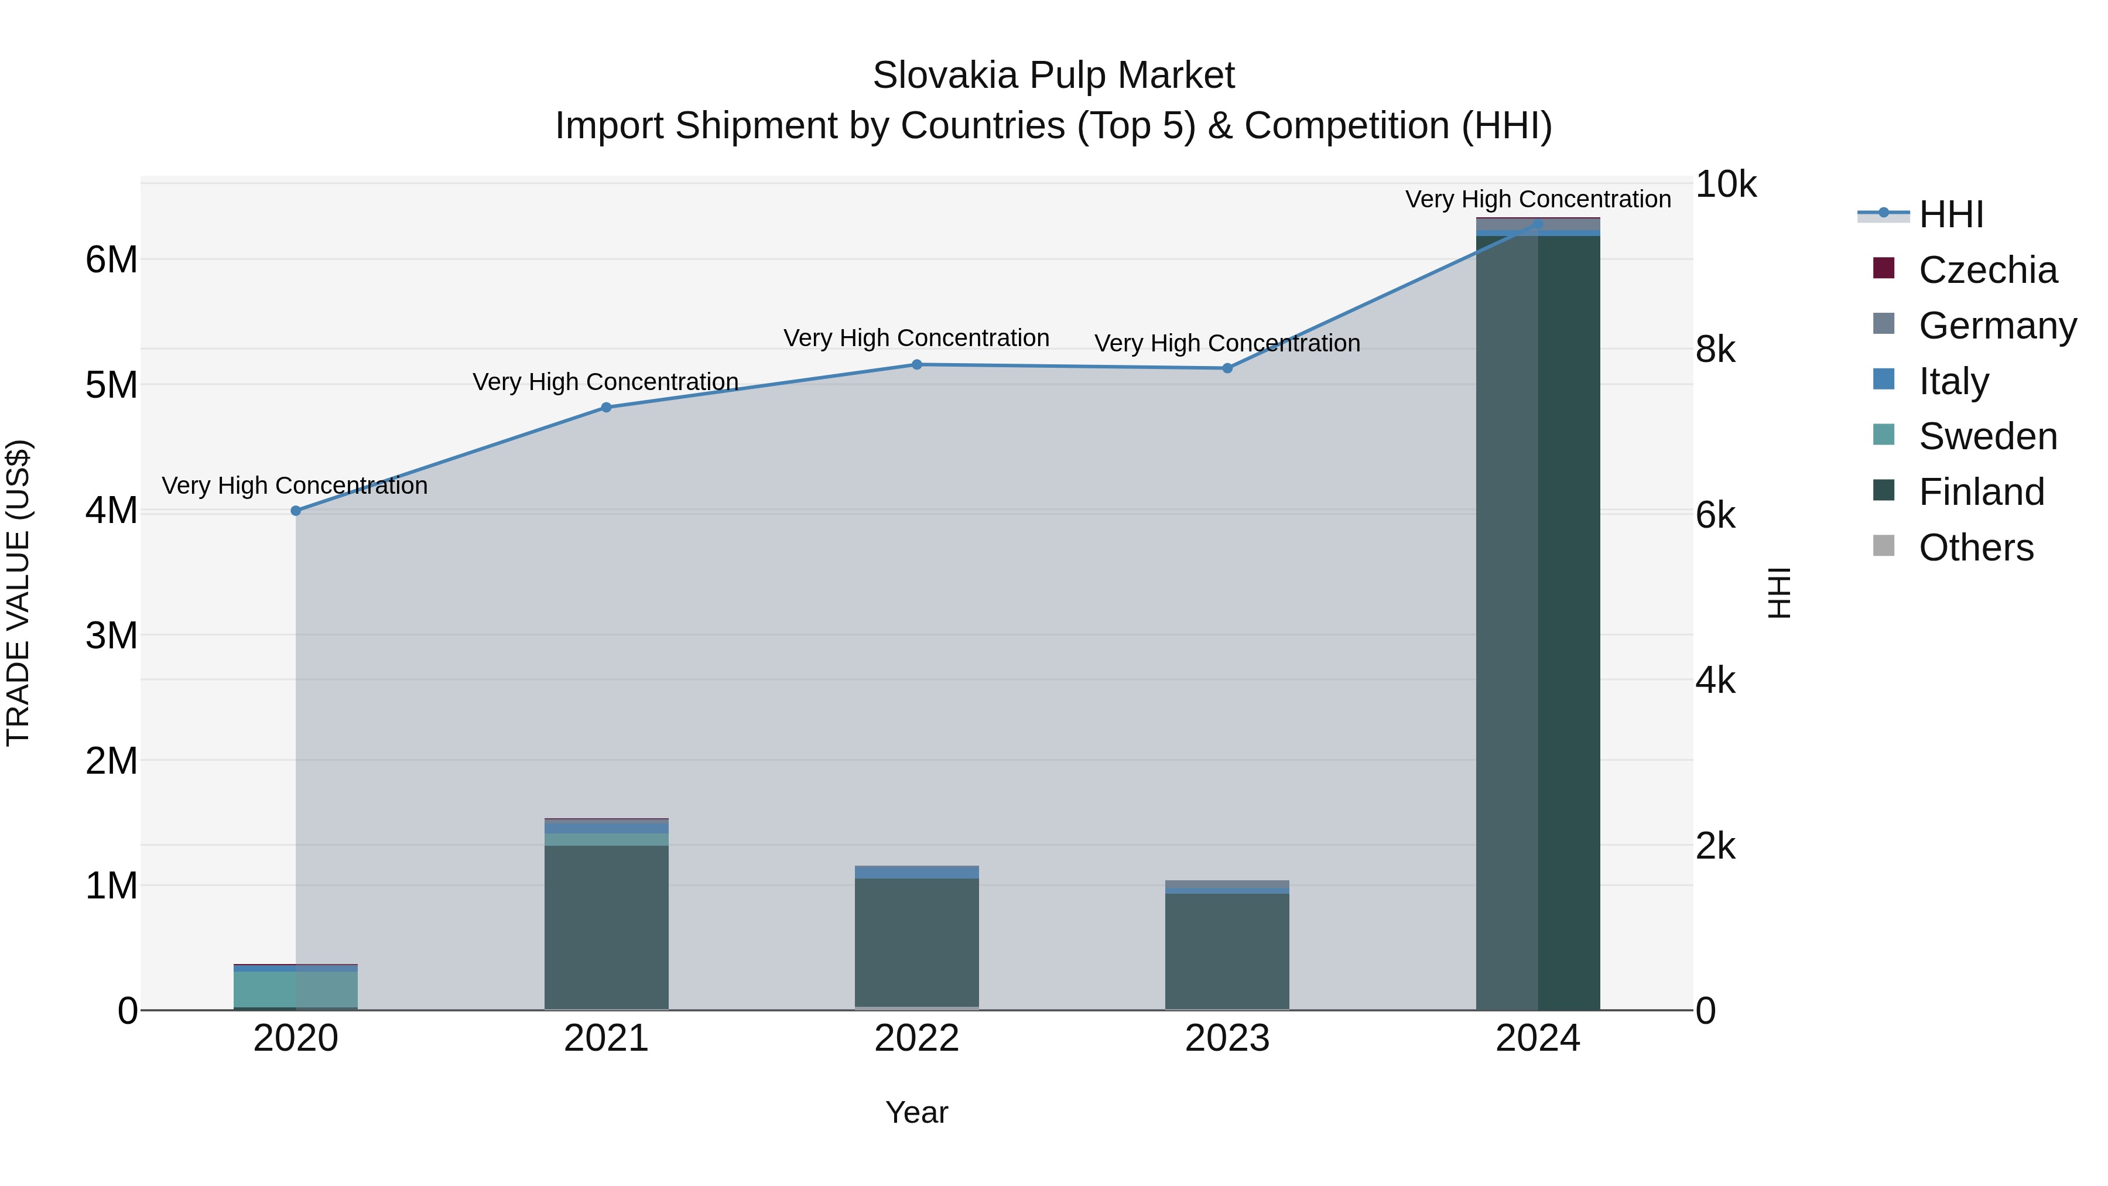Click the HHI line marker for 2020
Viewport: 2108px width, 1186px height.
(x=296, y=511)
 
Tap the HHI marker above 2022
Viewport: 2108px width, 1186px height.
(x=916, y=365)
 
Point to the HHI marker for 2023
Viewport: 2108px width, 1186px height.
(x=1227, y=368)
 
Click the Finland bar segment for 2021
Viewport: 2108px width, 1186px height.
(x=607, y=925)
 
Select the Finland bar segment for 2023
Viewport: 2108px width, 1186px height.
(x=1227, y=949)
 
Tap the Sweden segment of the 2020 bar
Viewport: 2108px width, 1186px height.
(x=296, y=989)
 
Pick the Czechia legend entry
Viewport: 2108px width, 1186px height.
(x=1987, y=270)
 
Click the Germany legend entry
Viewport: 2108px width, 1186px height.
(x=1997, y=326)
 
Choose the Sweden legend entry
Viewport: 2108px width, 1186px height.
(x=1987, y=436)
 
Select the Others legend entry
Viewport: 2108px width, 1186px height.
(x=1976, y=548)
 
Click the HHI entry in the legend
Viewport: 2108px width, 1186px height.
(x=1951, y=214)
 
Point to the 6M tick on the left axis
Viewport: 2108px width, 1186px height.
(x=111, y=260)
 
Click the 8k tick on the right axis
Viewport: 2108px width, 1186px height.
(x=1715, y=350)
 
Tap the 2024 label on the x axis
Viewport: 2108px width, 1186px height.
(x=1538, y=1038)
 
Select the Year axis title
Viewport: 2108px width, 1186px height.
(x=916, y=1112)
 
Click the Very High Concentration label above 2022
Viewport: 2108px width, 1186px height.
(x=916, y=338)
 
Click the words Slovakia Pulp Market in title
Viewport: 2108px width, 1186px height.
(x=1053, y=76)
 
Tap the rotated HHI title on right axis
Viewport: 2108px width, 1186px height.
(x=1779, y=593)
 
